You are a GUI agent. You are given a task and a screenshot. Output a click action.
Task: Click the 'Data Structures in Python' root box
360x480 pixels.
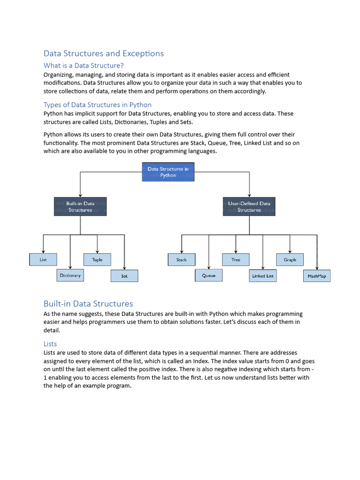[168, 172]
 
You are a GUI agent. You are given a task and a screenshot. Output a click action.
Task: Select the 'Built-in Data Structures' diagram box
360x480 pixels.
[80, 207]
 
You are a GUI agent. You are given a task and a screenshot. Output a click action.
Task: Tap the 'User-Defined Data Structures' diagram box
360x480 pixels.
[249, 207]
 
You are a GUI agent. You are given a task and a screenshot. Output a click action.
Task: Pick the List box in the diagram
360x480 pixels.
[43, 259]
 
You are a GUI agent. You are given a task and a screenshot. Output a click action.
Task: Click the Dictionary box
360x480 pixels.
[70, 275]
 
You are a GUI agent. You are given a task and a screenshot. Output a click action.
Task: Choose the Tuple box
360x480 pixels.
[97, 260]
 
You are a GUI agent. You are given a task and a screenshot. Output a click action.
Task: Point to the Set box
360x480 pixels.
[124, 276]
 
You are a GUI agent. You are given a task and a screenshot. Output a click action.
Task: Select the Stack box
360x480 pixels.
[181, 260]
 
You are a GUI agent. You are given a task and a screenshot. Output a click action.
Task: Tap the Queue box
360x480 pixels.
[209, 276]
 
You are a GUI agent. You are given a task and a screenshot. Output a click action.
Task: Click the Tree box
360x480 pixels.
[236, 260]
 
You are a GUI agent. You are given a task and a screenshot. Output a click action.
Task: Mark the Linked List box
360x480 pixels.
[262, 276]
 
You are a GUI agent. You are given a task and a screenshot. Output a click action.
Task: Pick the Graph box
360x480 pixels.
[290, 260]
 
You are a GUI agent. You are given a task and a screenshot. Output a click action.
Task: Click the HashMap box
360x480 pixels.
[317, 276]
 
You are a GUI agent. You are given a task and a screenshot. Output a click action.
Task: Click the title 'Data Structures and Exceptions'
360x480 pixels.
[104, 53]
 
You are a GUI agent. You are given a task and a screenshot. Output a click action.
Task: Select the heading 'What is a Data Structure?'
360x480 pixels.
[83, 66]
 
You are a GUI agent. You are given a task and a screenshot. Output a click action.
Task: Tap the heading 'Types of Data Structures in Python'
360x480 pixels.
[97, 105]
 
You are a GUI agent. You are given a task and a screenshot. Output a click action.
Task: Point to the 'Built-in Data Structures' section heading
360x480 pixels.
[88, 304]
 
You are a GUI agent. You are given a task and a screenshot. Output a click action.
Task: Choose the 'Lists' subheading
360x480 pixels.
[50, 344]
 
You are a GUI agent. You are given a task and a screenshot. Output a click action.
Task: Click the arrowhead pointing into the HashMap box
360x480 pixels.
[317, 269]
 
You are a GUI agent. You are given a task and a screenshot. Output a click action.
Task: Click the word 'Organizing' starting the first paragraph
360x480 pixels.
[57, 75]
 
